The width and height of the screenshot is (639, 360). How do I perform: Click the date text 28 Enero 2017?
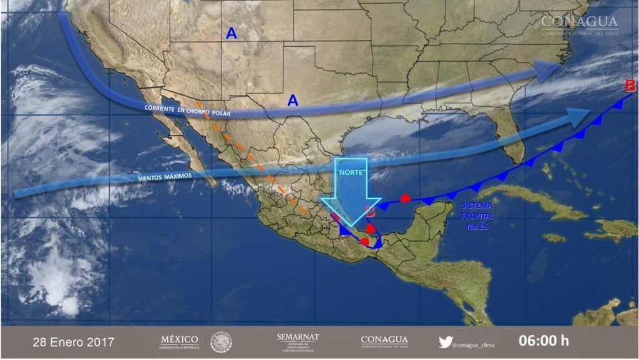point(73,342)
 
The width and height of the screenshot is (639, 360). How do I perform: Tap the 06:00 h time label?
point(544,341)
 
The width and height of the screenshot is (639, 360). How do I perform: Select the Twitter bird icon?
point(445,342)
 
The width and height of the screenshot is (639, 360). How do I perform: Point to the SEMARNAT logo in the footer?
point(298,341)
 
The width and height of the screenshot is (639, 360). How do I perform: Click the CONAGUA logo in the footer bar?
point(384,341)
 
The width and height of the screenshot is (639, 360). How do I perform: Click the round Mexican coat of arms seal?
point(221,342)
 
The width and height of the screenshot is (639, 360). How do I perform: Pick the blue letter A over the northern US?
point(232,34)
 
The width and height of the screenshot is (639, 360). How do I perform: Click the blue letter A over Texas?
point(293,100)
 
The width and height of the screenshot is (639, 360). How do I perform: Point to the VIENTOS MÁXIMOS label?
point(165,178)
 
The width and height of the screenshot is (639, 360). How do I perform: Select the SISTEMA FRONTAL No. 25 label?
point(478,216)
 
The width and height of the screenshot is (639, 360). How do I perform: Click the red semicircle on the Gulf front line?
point(405,198)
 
